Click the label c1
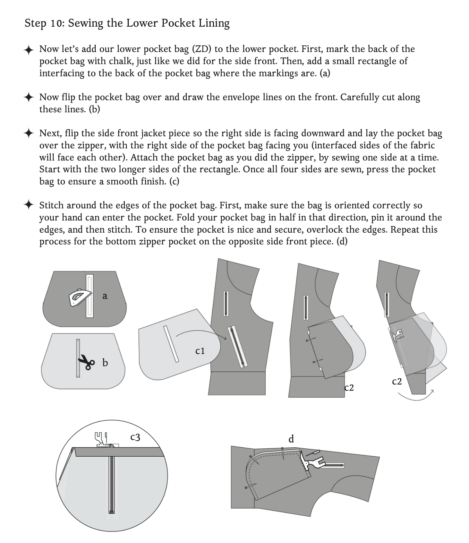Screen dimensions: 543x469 pyautogui.click(x=200, y=351)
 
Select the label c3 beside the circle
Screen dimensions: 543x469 pyautogui.click(x=135, y=437)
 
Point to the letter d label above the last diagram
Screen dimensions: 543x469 pyautogui.click(x=291, y=439)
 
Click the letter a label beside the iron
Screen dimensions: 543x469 pyautogui.click(x=105, y=296)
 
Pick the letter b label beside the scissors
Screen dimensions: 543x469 pyautogui.click(x=105, y=363)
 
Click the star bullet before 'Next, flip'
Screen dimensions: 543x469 pyautogui.click(x=29, y=133)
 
